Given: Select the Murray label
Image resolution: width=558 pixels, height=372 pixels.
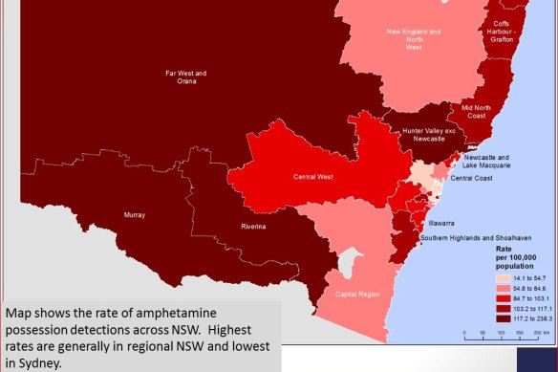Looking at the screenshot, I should (134, 216).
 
